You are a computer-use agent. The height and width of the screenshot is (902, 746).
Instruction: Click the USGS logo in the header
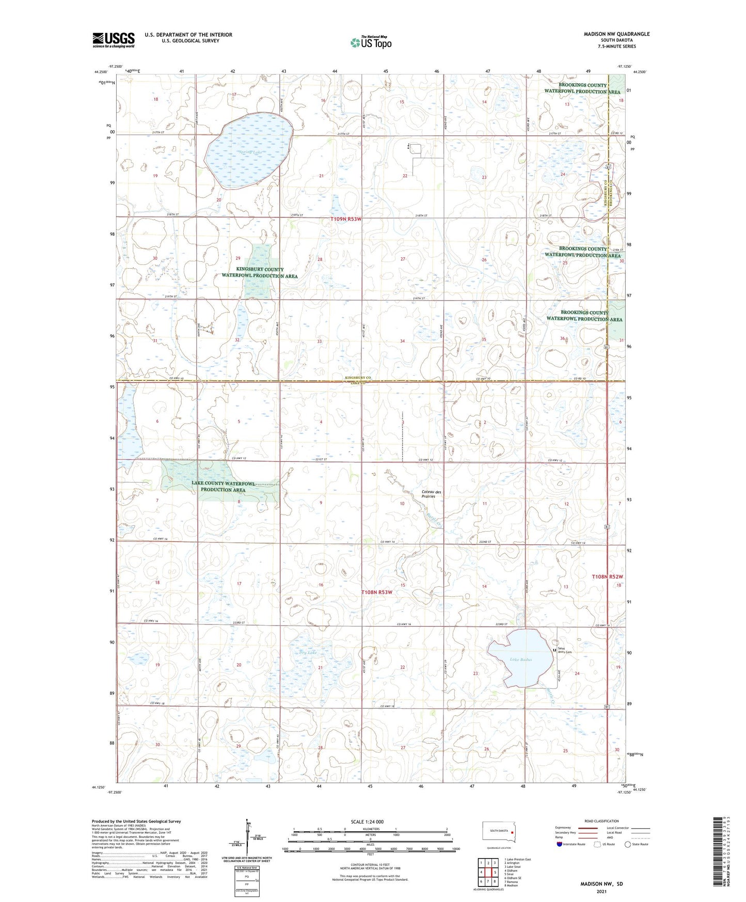[x=113, y=39]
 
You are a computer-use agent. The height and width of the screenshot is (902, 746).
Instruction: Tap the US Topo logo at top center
[x=370, y=42]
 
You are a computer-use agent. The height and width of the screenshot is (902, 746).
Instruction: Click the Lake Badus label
[x=520, y=660]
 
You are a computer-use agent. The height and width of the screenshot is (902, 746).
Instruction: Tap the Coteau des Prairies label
[x=431, y=494]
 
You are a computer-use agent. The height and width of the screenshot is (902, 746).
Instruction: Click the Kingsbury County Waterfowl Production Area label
[x=260, y=273]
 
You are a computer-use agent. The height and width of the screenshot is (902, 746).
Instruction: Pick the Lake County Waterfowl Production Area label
[x=223, y=486]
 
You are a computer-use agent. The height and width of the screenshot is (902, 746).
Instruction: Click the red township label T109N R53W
[x=346, y=219]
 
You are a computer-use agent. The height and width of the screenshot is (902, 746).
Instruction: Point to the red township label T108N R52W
[x=608, y=576]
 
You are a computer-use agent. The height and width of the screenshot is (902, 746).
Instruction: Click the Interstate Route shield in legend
[x=560, y=844]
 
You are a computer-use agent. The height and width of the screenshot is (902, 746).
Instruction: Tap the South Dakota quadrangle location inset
[x=498, y=833]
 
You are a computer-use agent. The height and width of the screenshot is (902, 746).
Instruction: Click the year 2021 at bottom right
[x=601, y=891]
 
